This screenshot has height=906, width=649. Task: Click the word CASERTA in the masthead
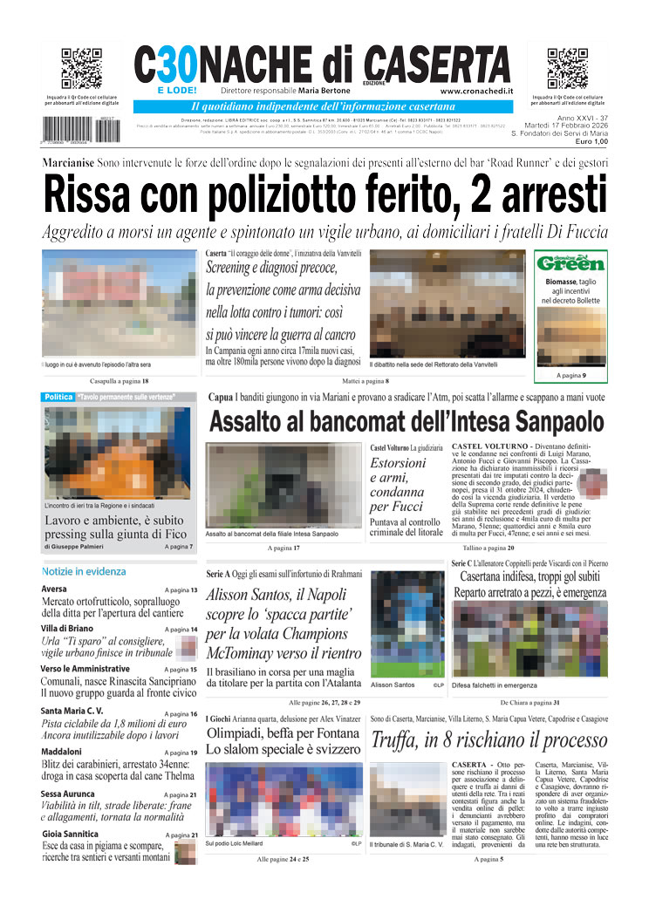point(438,65)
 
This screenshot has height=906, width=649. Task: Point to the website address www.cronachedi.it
point(476,91)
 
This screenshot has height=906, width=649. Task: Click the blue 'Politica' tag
point(58,398)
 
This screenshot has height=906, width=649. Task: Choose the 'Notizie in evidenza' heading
point(84,572)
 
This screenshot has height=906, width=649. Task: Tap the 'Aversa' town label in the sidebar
point(53,589)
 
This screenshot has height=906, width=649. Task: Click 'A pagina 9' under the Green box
point(571,376)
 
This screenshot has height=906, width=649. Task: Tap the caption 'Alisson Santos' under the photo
point(393,685)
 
